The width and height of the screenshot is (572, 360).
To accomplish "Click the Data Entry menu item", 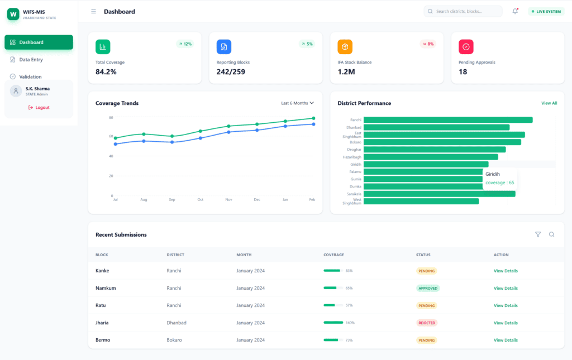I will [x=31, y=60].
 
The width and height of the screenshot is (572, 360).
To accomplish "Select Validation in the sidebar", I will [x=30, y=77].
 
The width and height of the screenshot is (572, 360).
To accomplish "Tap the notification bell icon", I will [x=515, y=11].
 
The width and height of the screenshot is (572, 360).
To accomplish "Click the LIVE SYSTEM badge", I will [x=546, y=11].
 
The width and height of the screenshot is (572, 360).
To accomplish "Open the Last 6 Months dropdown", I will [x=297, y=103].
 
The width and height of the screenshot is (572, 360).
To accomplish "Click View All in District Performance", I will [x=549, y=103].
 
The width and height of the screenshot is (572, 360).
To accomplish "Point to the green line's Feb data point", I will [x=313, y=118].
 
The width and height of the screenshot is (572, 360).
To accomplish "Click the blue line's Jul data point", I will [x=116, y=144].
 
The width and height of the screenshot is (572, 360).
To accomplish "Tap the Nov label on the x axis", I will [x=228, y=199].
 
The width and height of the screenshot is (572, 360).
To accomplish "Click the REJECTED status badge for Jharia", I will [x=427, y=323].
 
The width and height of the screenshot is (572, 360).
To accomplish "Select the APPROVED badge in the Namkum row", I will [x=428, y=289].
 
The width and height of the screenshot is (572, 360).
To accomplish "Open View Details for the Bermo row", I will [x=505, y=340].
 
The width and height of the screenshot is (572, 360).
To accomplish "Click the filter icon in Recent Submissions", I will [x=538, y=234].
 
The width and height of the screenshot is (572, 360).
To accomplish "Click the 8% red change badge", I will [x=428, y=44].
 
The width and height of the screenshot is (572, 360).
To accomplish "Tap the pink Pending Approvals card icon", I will [x=466, y=47].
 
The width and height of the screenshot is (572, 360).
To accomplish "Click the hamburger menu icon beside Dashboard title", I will [x=93, y=11].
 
